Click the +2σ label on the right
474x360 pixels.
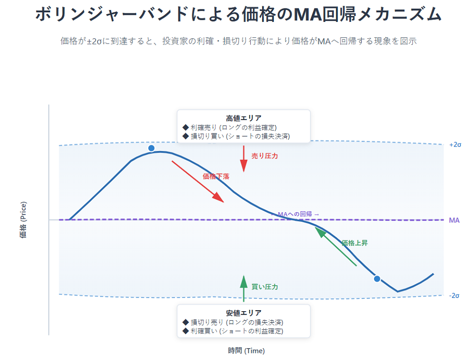tap(455, 144)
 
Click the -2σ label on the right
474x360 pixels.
tap(454, 296)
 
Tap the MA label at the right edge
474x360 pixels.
tap(454, 220)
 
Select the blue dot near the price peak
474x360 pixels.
tap(151, 148)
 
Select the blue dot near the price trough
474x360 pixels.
tap(377, 279)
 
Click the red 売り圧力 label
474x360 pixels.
tap(264, 156)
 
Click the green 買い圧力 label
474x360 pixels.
tap(264, 287)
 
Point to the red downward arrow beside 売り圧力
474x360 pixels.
tap(244, 159)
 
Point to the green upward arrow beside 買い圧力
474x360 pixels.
tap(244, 288)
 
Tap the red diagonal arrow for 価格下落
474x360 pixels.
tap(198, 181)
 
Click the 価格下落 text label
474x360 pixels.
tap(216, 176)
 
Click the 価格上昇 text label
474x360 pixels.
tap(355, 243)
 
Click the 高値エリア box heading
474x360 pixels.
tap(244, 118)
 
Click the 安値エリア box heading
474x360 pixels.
tap(244, 313)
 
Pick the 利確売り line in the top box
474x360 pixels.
tap(229, 127)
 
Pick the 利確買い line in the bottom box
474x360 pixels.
tap(233, 331)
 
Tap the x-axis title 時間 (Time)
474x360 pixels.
tap(246, 351)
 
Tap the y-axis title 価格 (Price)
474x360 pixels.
tap(23, 220)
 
